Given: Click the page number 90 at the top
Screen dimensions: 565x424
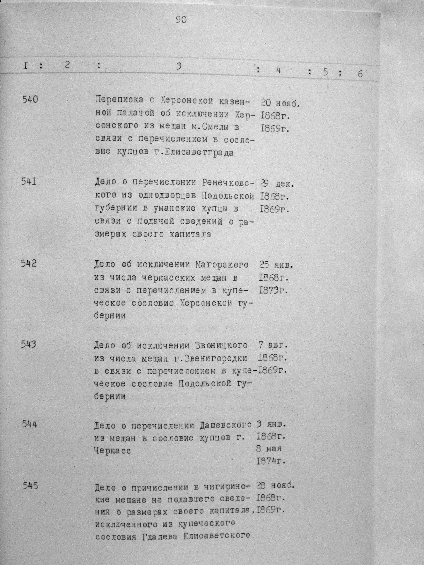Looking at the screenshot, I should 181,20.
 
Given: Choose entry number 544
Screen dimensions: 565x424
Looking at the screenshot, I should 29,424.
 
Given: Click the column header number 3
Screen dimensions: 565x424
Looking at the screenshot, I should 179,66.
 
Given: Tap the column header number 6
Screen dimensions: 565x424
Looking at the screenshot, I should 360,74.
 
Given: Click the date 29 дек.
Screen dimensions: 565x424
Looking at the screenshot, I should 277,184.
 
